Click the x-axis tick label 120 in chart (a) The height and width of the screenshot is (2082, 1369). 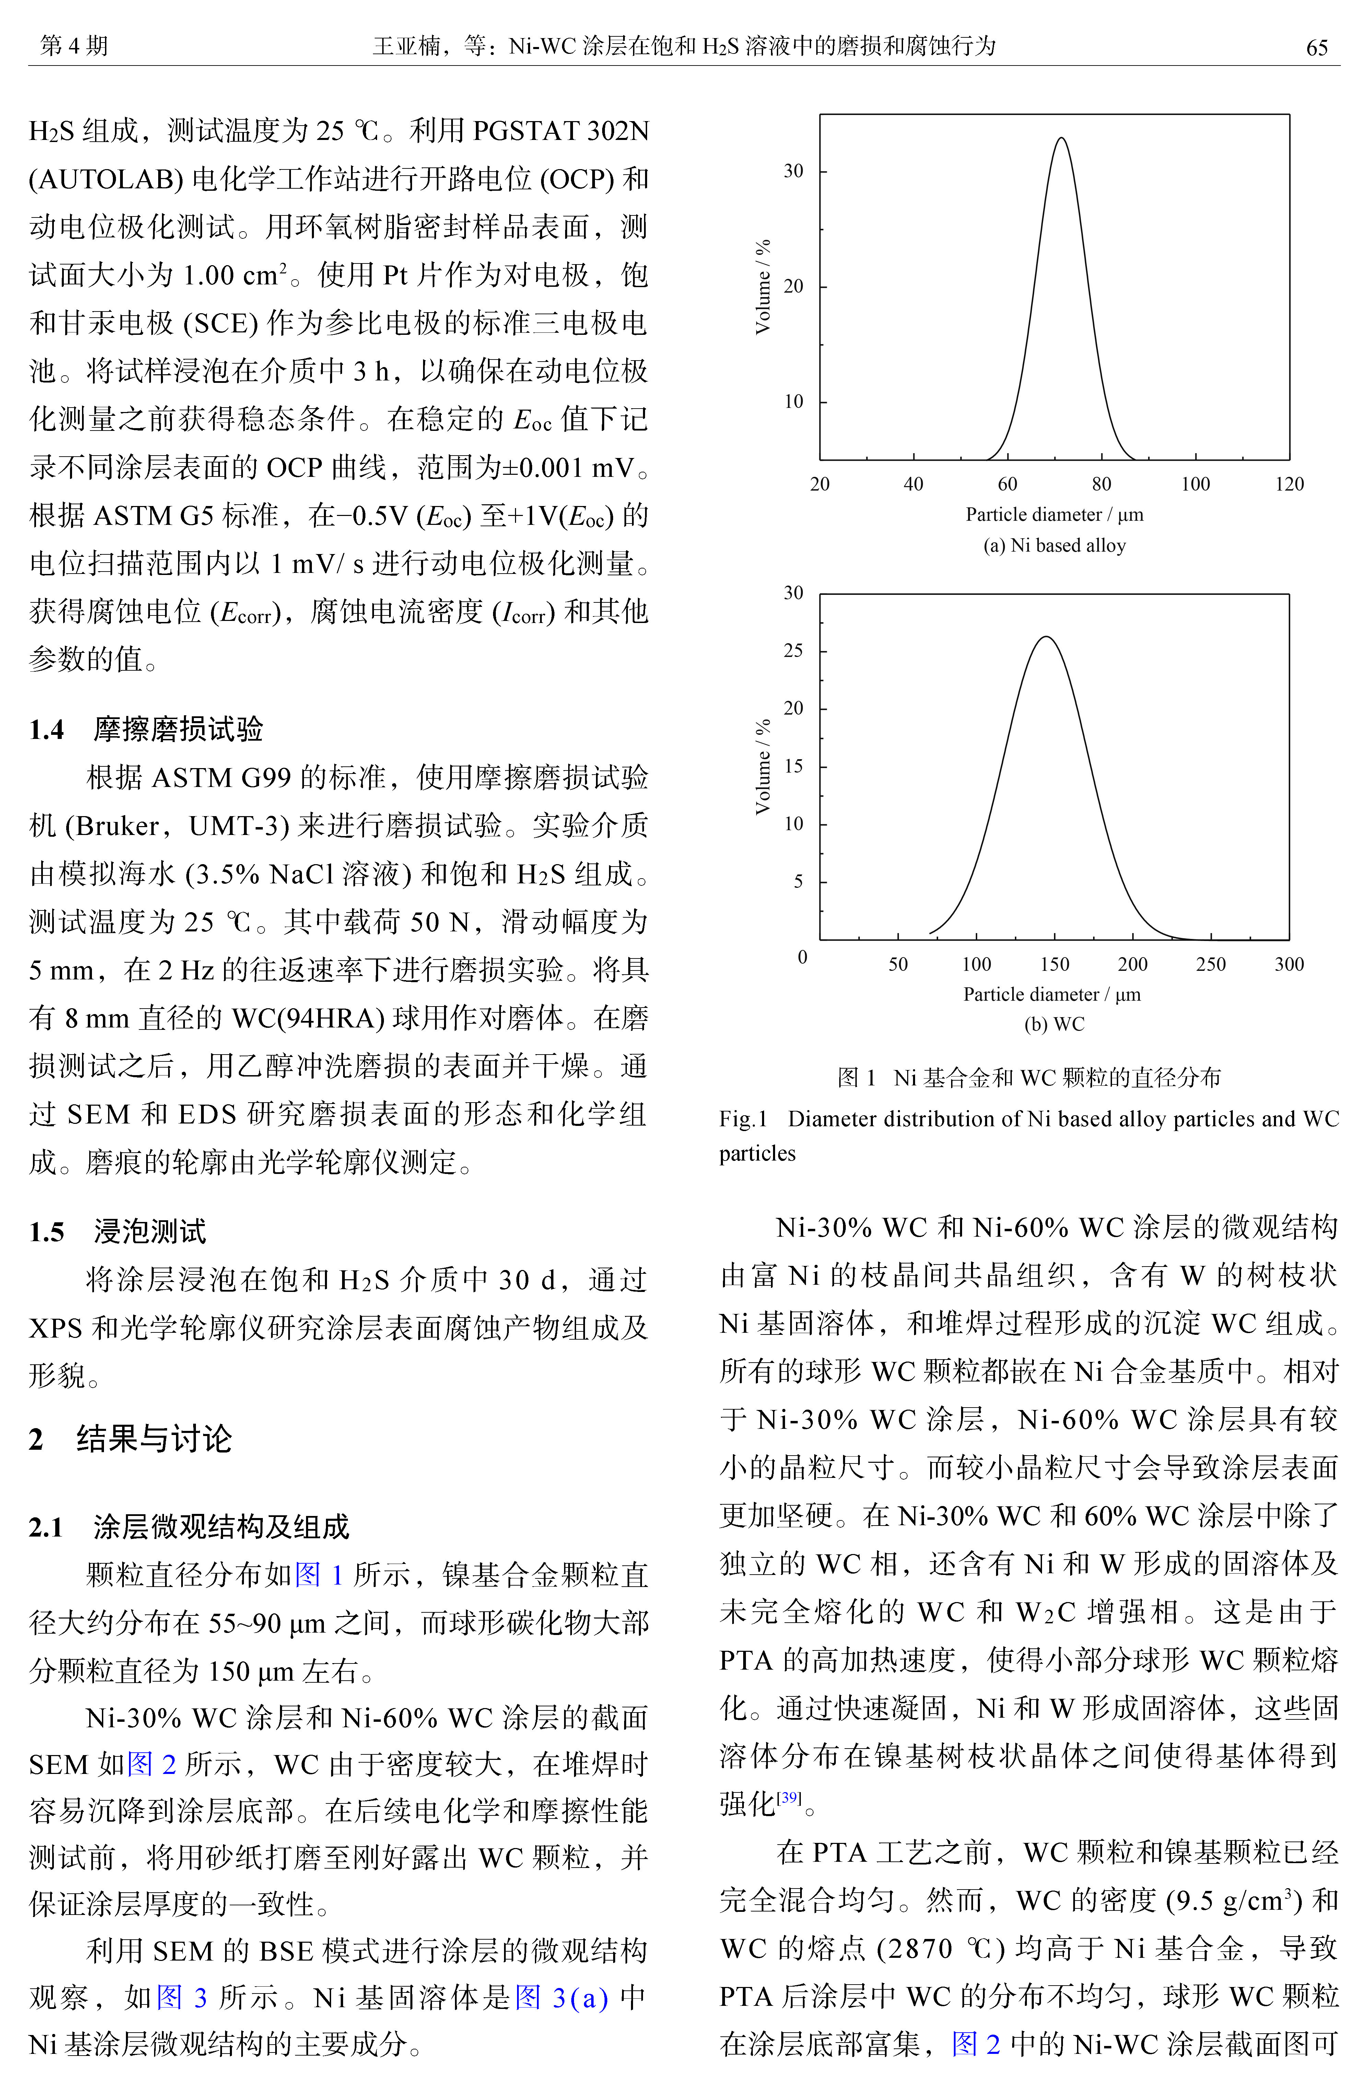coord(1288,484)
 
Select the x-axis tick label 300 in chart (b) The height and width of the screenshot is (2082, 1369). coord(1288,964)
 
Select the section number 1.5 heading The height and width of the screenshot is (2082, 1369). coord(46,1232)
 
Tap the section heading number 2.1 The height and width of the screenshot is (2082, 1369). coord(46,1527)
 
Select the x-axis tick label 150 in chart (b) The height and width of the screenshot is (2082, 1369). coord(1054,964)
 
